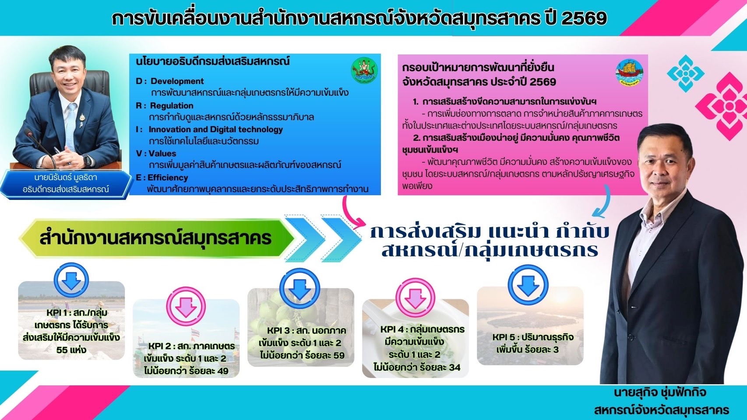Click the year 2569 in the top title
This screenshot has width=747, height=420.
pos(584,18)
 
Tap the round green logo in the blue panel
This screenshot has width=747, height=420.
pos(364,70)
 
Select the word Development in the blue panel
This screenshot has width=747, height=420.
pos(177,81)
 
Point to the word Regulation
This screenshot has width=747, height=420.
pos(171,105)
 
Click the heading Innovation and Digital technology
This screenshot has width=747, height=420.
pos(215,129)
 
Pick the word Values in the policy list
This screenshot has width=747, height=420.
pos(162,154)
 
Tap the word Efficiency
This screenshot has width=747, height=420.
pos(168,178)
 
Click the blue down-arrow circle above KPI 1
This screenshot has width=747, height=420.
pos(71,280)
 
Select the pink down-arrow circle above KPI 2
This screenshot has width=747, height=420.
pos(186,306)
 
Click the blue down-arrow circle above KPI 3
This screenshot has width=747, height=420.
pos(300,289)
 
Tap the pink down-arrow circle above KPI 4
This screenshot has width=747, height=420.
pos(415,297)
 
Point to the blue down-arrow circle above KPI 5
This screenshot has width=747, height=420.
pos(528,285)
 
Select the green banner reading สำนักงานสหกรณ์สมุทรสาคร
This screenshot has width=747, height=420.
pos(156,238)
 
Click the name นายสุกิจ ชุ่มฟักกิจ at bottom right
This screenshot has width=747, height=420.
pos(660,392)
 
